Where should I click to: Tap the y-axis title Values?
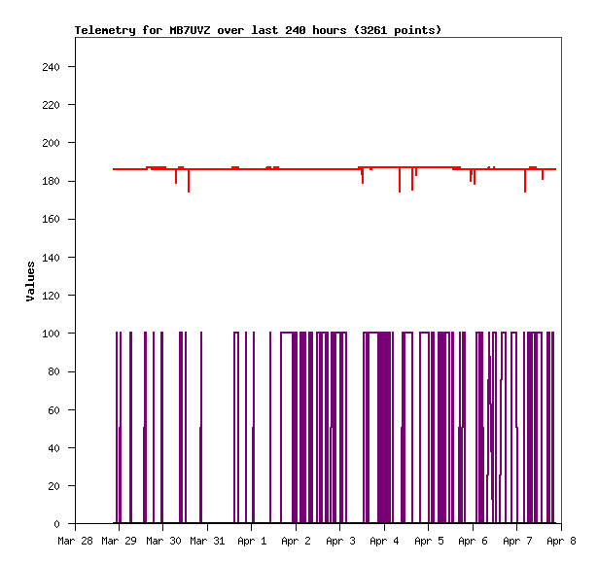(30, 281)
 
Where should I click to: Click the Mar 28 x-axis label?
(75, 540)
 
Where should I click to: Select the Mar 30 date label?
(163, 540)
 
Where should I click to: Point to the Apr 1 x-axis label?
(251, 540)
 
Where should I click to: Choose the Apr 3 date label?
(339, 540)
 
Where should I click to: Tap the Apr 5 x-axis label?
(428, 540)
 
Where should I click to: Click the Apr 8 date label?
(561, 540)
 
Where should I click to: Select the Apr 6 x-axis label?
(473, 540)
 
